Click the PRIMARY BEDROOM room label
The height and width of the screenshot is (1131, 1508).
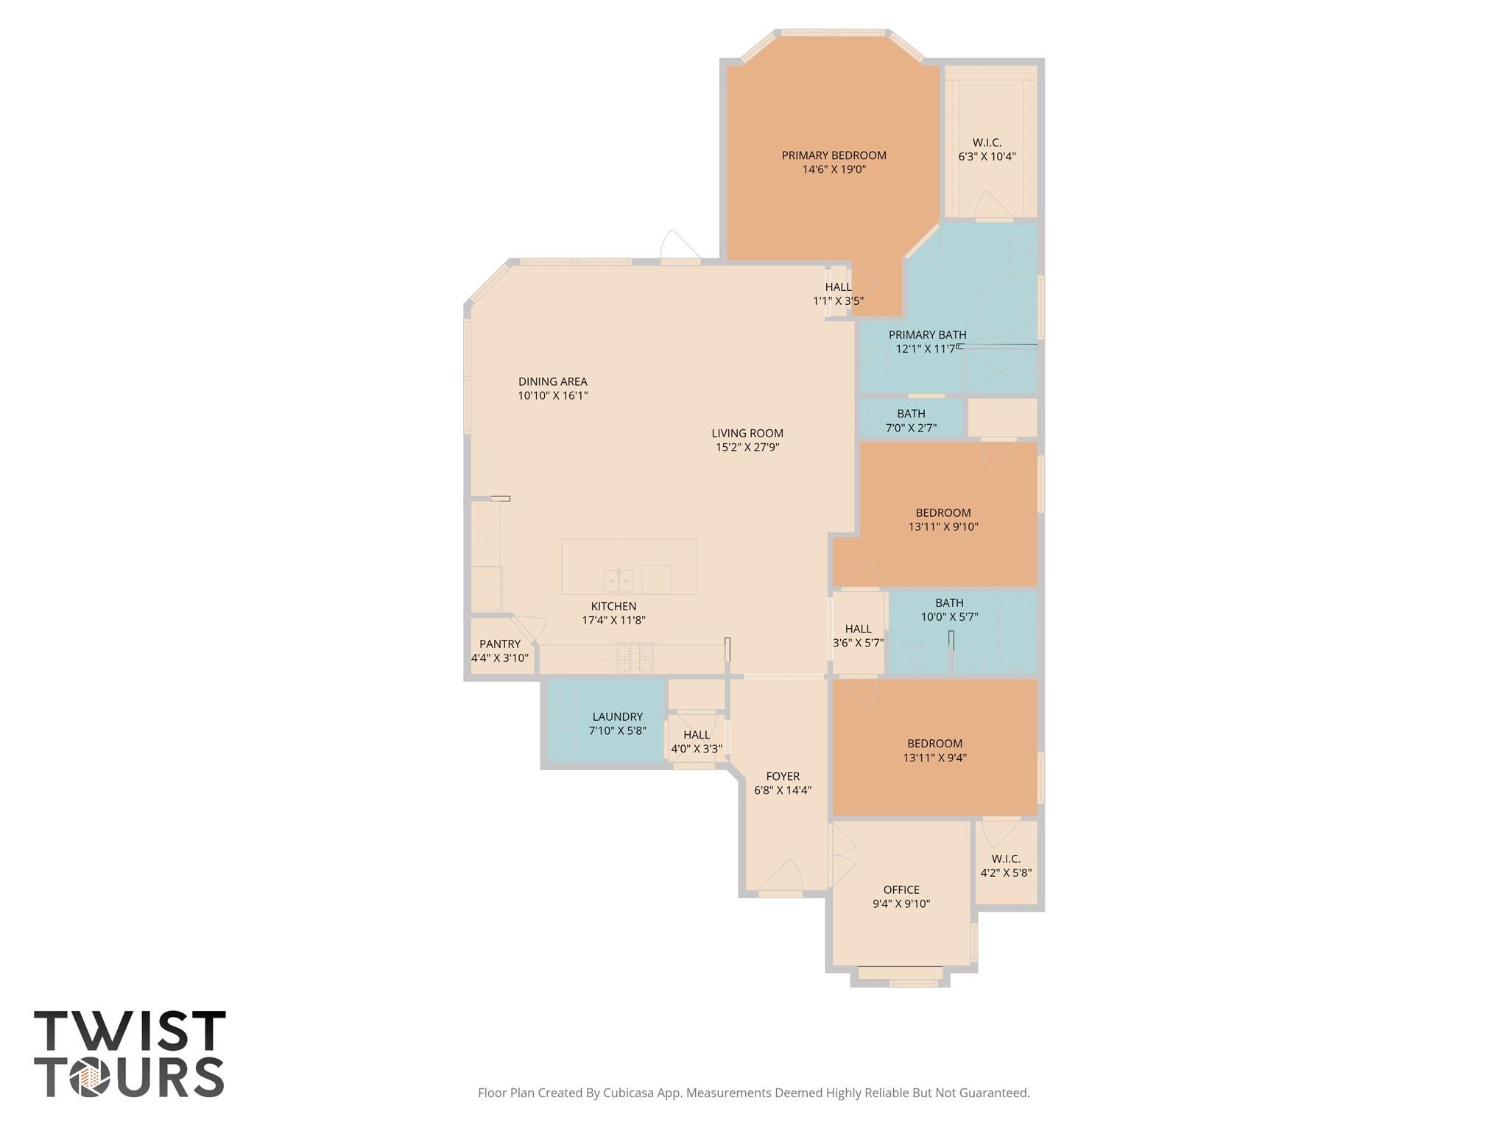point(834,155)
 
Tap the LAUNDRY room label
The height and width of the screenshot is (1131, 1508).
point(617,716)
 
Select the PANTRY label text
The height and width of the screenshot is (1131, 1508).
point(500,644)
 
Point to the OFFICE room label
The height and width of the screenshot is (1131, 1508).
point(901,889)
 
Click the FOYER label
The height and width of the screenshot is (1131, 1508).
point(783,776)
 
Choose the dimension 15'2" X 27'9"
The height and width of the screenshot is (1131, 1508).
point(747,447)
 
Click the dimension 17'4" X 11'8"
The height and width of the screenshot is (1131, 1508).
point(613,620)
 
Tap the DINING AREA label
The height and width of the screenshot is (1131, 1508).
point(552,381)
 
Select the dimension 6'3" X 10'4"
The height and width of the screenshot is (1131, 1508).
point(987,156)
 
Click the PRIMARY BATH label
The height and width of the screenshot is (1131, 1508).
point(927,334)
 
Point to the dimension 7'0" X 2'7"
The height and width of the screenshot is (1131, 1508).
point(911,428)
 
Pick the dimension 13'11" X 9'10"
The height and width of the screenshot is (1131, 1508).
point(943,526)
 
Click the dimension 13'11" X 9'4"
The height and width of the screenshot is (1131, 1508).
point(934,758)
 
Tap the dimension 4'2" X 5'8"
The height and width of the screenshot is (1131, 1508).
point(1006,873)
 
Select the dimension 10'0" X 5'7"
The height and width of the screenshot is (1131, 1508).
point(949,617)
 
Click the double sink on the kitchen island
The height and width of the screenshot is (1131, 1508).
point(619,581)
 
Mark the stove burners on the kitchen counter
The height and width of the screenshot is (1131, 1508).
point(634,657)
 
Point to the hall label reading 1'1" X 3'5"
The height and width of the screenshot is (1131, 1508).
point(838,300)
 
